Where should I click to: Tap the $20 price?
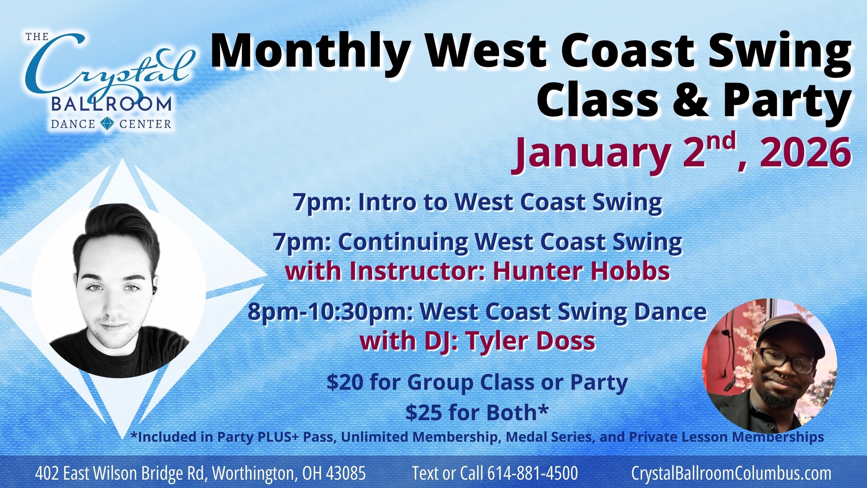pyautogui.click(x=345, y=382)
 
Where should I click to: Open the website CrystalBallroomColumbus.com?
pyautogui.click(x=731, y=473)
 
